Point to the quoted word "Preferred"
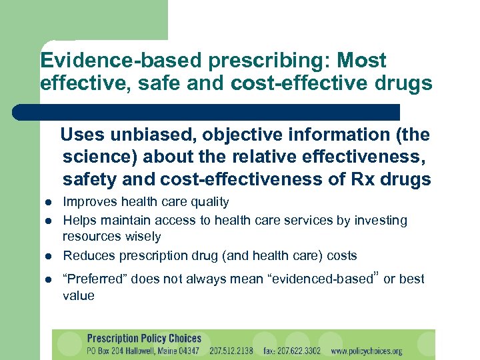click(94, 279)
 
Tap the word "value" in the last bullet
click(79, 295)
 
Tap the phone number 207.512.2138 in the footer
click(231, 351)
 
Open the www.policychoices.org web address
click(367, 351)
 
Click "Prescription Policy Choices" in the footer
click(144, 338)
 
